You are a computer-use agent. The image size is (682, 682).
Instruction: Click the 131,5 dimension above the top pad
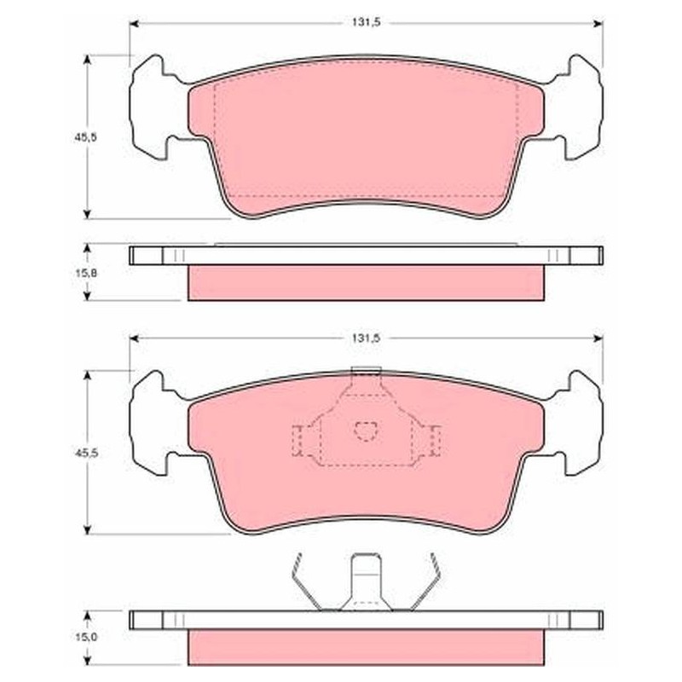click(x=366, y=23)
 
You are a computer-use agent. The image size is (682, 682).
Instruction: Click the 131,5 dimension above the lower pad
click(x=366, y=338)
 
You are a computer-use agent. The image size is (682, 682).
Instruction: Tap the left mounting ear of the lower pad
click(x=153, y=423)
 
